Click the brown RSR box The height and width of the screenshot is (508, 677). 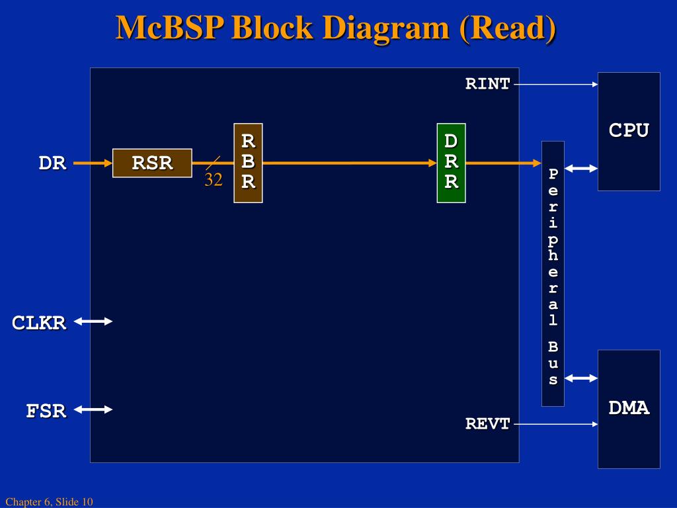point(152,163)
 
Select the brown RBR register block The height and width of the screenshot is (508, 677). point(248,163)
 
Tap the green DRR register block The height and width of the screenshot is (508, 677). point(451,163)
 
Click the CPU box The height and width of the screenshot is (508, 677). point(629,132)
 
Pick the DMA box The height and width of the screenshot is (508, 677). point(629,409)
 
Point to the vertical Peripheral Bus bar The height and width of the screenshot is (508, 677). point(553,273)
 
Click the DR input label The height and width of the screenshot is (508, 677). point(52,163)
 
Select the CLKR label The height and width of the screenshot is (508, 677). point(39,323)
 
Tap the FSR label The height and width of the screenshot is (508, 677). point(46,411)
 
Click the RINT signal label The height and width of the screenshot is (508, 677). point(488,84)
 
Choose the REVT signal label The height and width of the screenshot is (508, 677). point(488,424)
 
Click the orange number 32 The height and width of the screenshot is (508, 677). point(213,180)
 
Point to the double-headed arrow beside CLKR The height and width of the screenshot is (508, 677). point(93,321)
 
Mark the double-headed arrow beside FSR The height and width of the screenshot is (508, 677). point(93,409)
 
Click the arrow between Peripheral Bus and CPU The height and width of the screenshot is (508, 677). point(581,169)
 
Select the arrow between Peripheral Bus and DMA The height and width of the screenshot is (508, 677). point(581,378)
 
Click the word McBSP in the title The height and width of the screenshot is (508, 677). point(170,28)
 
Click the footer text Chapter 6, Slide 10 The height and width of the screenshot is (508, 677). point(49,502)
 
